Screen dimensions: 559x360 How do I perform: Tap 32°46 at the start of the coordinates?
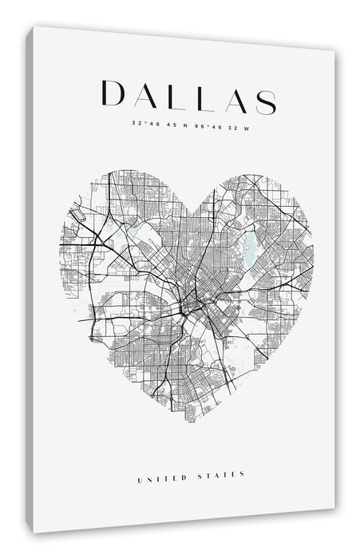tap(140, 123)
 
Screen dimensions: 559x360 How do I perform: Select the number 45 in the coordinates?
tap(166, 124)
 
